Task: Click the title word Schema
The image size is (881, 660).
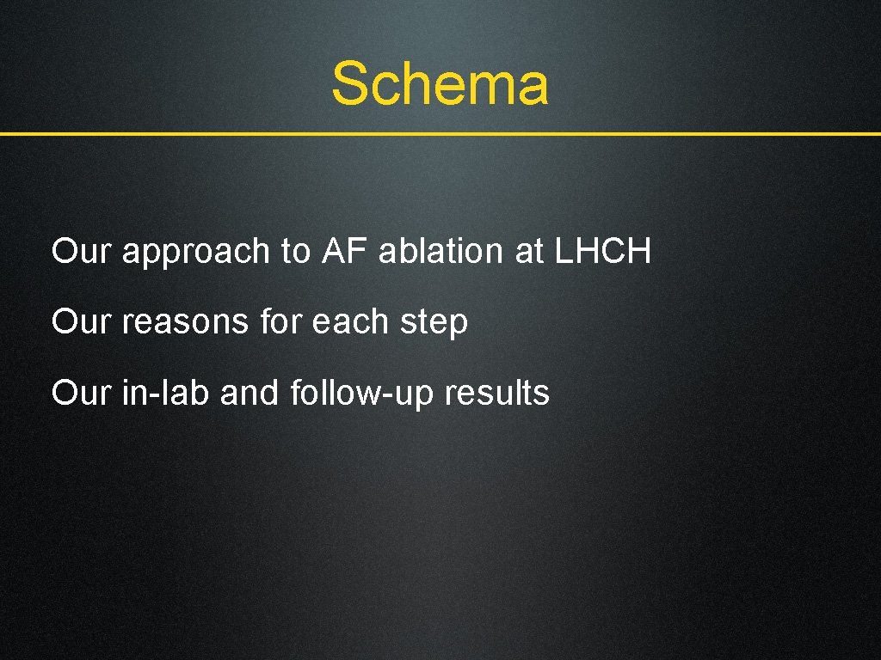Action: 440,84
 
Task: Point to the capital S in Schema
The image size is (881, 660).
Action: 351,84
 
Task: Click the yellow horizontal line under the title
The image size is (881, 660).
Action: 440,134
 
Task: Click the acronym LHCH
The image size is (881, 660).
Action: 603,252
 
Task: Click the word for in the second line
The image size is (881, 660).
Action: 279,322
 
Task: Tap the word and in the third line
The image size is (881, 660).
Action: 250,393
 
